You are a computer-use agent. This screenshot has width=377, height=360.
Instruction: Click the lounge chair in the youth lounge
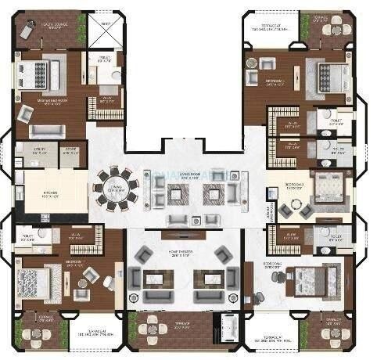28,30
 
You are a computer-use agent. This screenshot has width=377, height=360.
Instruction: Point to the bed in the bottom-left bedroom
38,280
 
